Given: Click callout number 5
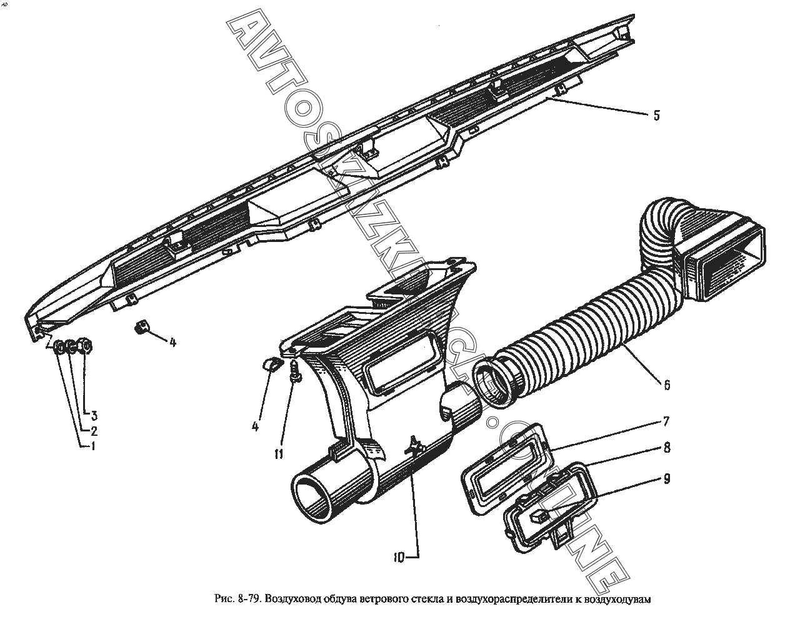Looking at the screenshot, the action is pyautogui.click(x=656, y=116).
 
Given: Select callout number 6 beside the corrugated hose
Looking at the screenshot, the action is pyautogui.click(x=667, y=385).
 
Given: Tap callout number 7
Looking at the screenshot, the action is pyautogui.click(x=666, y=421).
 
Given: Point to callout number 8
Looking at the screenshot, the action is pyautogui.click(x=667, y=448).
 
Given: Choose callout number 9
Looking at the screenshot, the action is pyautogui.click(x=667, y=479).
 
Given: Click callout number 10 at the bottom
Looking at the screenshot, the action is pyautogui.click(x=399, y=568).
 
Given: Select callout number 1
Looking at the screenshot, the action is pyautogui.click(x=93, y=446).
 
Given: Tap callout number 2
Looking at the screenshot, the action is pyautogui.click(x=94, y=431).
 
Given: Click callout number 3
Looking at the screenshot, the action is pyautogui.click(x=94, y=415).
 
